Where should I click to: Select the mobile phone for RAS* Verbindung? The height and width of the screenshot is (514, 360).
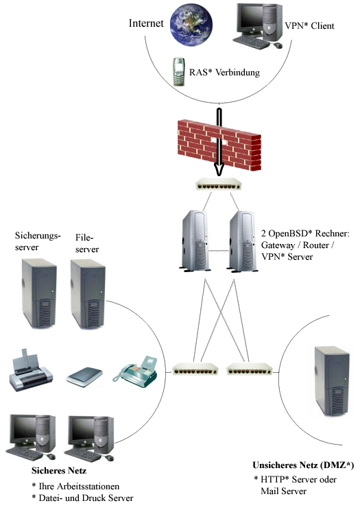178,71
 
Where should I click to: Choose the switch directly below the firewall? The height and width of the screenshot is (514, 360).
219,185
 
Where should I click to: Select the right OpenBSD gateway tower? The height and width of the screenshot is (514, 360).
242,241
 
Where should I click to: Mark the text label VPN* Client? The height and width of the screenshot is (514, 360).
309,26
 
